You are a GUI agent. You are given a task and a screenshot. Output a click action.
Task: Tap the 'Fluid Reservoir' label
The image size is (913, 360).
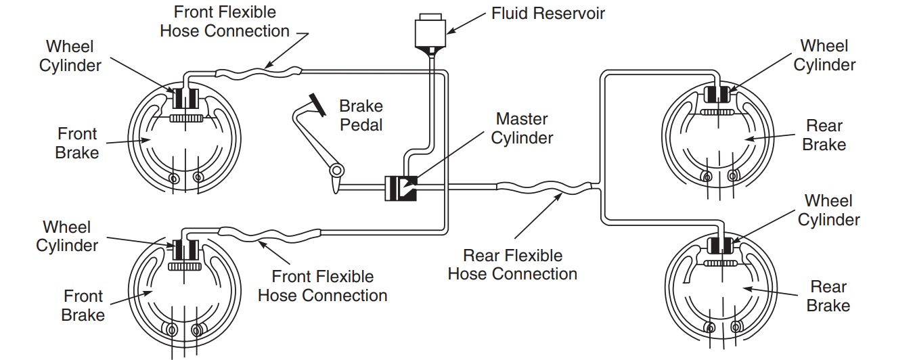point(548,13)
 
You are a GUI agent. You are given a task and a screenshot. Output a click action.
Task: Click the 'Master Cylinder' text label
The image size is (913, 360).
point(522,129)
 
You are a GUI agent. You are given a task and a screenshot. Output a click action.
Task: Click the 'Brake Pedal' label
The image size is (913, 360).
point(361,115)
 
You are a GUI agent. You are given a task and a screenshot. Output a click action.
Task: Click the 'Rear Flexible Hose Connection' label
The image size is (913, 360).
point(512,265)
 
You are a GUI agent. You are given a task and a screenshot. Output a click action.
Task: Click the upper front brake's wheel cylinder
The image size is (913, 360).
point(185,99)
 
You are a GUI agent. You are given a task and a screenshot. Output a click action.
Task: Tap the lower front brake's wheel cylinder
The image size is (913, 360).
point(184,250)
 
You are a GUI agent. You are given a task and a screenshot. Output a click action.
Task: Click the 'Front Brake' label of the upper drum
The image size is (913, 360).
point(76,143)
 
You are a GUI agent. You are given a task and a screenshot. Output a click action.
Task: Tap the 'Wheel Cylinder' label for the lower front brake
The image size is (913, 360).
point(67,235)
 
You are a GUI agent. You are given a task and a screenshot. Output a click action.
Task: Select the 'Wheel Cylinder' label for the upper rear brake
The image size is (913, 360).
point(824,55)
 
